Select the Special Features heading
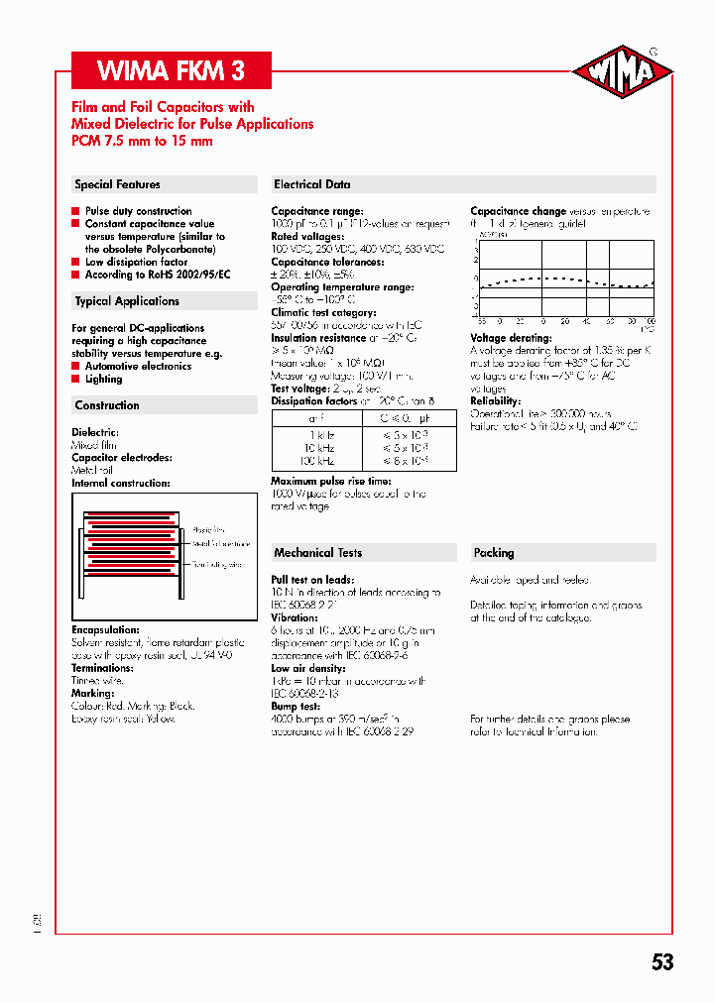(117, 184)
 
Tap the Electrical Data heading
(311, 184)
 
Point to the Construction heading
(107, 405)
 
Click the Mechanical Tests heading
(318, 553)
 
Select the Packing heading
(494, 553)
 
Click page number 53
(662, 962)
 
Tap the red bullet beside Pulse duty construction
(75, 211)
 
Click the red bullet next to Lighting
(75, 379)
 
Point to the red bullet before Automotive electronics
(75, 366)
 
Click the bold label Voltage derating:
(511, 338)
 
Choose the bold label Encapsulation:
(105, 630)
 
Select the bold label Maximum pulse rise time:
(330, 481)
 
